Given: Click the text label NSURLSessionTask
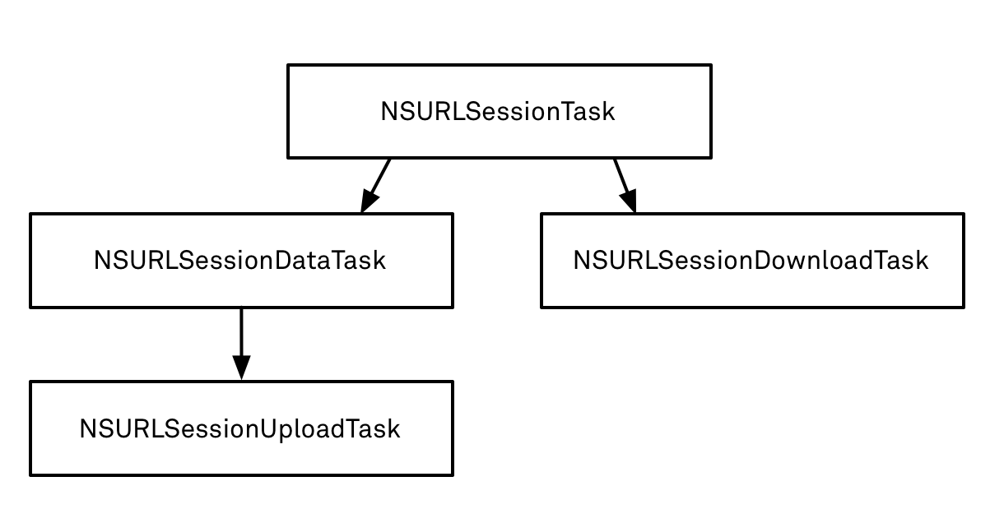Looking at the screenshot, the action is [x=498, y=112].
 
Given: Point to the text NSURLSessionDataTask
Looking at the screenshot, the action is [x=239, y=261].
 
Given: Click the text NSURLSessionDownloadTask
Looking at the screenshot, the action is [x=751, y=261].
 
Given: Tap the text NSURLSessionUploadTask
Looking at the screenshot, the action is [x=239, y=429].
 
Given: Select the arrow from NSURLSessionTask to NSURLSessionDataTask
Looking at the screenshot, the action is [x=375, y=185].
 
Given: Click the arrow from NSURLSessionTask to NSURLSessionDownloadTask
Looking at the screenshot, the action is [x=625, y=185].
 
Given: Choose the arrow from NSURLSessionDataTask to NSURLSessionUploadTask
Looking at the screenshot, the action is [x=242, y=344].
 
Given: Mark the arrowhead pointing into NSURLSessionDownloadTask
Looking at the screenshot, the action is [x=630, y=201].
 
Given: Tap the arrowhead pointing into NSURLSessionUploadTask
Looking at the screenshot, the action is [x=242, y=368].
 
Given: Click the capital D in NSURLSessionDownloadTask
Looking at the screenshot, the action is [x=764, y=261].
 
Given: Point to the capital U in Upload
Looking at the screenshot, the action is [x=268, y=428].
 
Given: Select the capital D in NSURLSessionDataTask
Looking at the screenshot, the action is [x=284, y=261].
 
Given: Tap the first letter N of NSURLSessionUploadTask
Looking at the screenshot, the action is [x=88, y=428].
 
